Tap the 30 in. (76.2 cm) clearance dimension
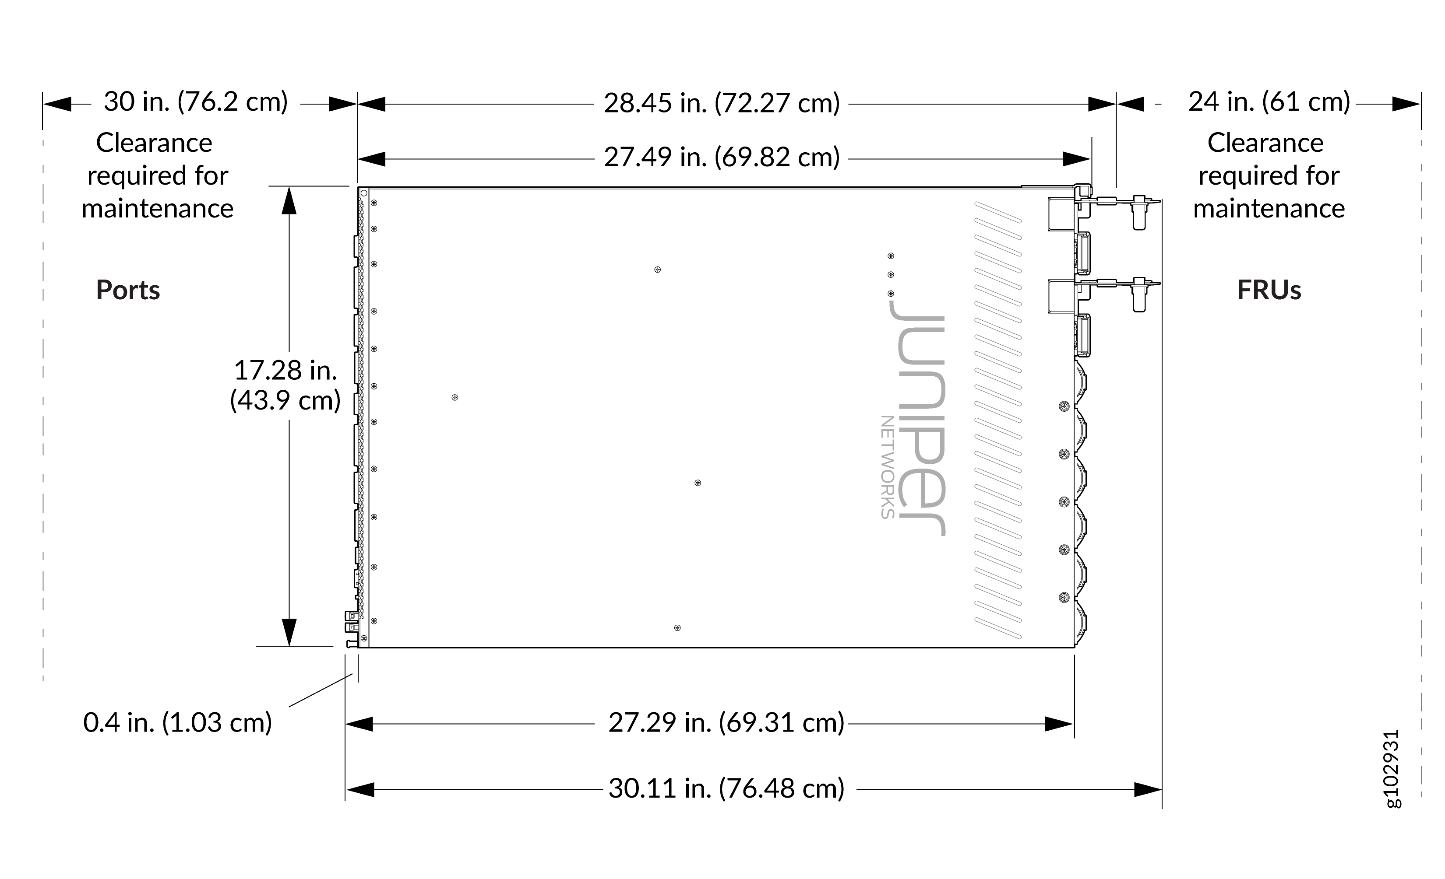(x=196, y=102)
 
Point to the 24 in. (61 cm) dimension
(x=1269, y=102)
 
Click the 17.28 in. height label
(x=285, y=370)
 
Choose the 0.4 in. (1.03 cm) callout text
(x=178, y=722)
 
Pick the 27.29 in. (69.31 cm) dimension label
(x=726, y=722)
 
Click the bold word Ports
(x=128, y=290)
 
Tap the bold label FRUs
(x=1269, y=290)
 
